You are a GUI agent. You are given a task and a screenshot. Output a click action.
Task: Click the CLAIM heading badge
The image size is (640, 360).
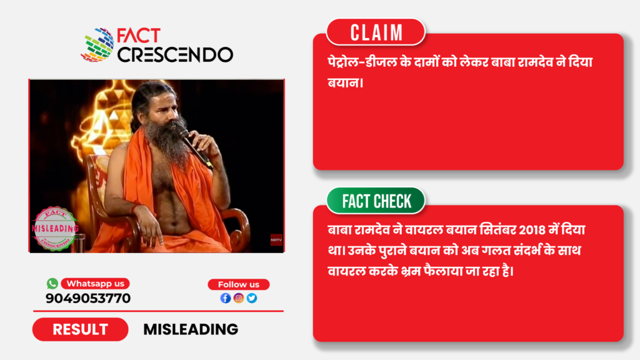pyautogui.click(x=376, y=32)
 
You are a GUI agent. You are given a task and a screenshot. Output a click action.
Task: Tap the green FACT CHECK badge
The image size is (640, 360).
pyautogui.click(x=376, y=201)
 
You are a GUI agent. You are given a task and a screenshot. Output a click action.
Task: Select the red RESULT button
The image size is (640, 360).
pyautogui.click(x=81, y=329)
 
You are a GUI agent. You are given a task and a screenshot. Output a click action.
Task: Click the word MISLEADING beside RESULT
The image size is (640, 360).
pyautogui.click(x=191, y=329)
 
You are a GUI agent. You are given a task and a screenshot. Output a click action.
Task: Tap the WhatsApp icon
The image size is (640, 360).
pyautogui.click(x=52, y=283)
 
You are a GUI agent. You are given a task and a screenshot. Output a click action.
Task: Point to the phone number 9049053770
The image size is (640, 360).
pyautogui.click(x=88, y=298)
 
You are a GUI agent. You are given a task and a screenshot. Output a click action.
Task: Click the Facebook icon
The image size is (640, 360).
pyautogui.click(x=225, y=298)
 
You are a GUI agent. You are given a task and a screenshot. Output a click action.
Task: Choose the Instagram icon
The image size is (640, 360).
pyautogui.click(x=239, y=298)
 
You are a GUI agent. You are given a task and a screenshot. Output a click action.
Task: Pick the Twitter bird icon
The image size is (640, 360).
pyautogui.click(x=252, y=298)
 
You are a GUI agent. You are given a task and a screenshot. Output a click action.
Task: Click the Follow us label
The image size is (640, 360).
pyautogui.click(x=239, y=284)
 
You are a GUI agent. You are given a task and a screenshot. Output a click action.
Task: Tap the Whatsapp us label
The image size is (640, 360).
pyautogui.click(x=95, y=284)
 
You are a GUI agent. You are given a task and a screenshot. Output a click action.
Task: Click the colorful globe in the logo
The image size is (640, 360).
pyautogui.click(x=97, y=45)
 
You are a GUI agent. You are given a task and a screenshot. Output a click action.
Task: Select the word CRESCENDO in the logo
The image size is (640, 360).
pyautogui.click(x=176, y=55)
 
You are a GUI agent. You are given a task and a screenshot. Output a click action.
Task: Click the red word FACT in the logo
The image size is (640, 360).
pyautogui.click(x=139, y=36)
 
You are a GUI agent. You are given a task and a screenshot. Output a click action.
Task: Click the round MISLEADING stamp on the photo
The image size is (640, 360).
pyautogui.click(x=55, y=229)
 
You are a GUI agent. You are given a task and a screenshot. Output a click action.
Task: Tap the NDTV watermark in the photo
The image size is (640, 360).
pyautogui.click(x=276, y=239)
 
